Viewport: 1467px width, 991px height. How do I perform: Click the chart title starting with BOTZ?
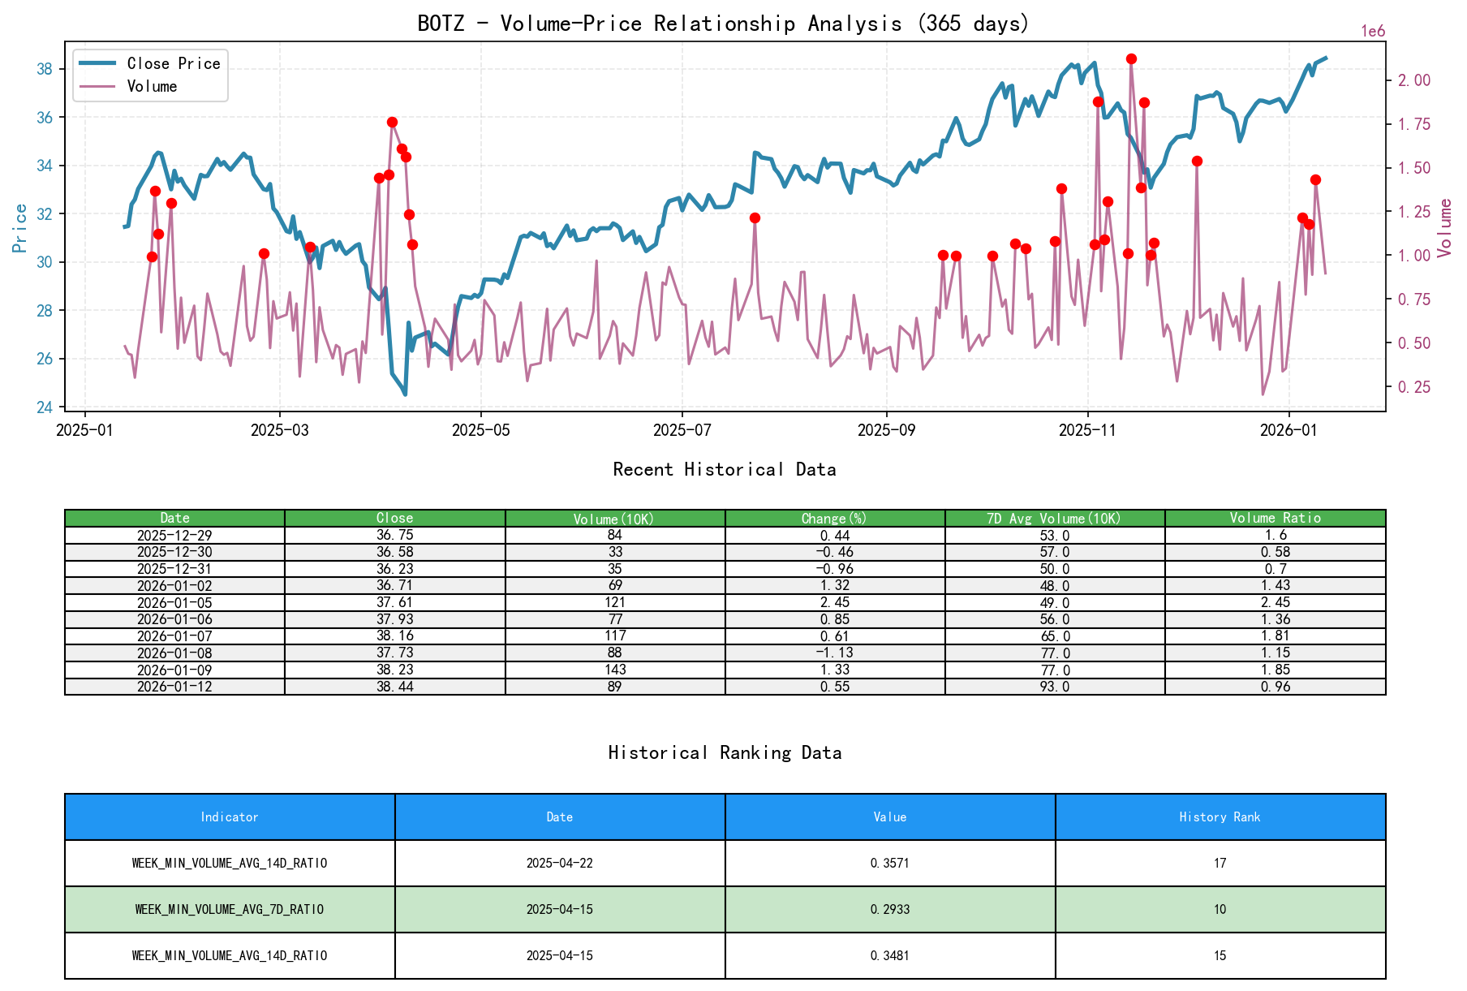723,23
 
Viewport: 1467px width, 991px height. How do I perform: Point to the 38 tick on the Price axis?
45,69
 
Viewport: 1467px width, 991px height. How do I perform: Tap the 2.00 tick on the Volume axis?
1413,80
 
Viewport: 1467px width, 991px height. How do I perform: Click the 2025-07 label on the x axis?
682,430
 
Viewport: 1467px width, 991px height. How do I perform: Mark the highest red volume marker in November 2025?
1131,59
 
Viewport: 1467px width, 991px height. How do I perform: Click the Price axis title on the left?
19,228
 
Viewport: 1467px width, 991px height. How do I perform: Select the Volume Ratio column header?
1275,518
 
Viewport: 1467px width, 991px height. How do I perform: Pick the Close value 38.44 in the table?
394,687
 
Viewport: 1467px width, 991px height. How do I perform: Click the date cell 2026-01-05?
174,602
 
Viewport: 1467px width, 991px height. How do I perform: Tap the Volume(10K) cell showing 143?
615,670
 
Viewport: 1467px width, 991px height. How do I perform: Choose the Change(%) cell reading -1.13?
835,653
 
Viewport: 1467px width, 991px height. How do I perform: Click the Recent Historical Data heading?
724,469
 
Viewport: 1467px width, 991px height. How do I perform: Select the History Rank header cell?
1220,817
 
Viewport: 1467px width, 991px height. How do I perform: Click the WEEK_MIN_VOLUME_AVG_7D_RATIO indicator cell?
230,909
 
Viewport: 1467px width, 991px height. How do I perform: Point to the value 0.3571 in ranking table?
889,863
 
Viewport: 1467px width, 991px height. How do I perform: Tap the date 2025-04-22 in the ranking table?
559,863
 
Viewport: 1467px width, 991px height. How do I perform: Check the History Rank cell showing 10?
1220,909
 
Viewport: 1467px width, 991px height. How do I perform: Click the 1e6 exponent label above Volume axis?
1373,32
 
